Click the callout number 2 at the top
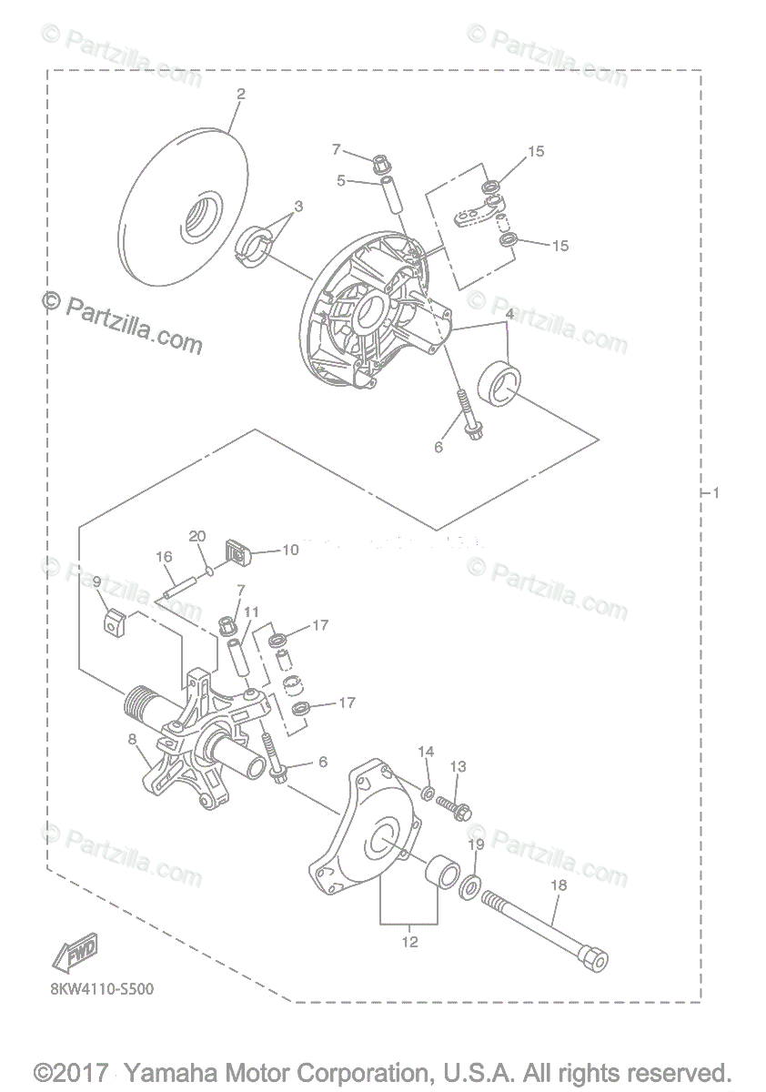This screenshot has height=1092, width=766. (241, 94)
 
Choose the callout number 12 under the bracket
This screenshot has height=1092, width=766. (410, 942)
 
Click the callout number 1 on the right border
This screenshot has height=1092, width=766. (716, 493)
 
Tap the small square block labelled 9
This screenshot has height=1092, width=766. (112, 623)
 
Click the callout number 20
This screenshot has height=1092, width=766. (197, 536)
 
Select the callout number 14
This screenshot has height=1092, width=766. (426, 752)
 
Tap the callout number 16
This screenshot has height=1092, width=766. (164, 556)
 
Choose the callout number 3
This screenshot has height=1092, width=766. (297, 207)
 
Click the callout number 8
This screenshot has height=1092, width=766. (134, 741)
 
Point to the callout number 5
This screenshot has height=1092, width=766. (341, 180)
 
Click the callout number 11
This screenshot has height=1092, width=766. (251, 612)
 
